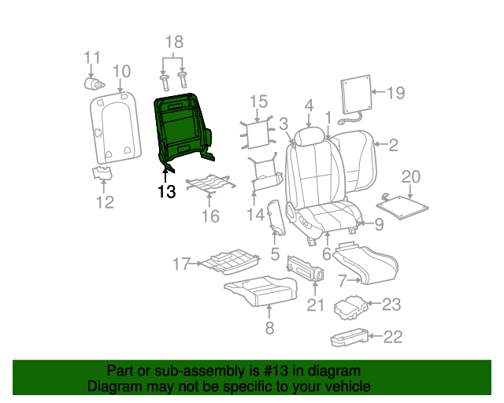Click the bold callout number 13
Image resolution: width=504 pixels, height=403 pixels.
[x=167, y=191]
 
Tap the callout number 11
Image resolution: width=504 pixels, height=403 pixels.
[x=92, y=57]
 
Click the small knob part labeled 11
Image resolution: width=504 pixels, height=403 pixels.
[x=94, y=83]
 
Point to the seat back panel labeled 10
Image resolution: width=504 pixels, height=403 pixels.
[x=116, y=128]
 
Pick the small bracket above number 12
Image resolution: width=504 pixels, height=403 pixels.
[x=102, y=173]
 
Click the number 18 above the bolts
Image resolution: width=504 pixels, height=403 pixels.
[x=174, y=42]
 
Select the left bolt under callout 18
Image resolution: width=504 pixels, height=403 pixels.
[x=165, y=83]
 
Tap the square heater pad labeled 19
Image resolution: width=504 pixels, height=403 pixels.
[x=356, y=94]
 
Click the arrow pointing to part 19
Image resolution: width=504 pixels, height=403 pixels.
[x=378, y=92]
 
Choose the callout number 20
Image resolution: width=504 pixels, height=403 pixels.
[x=411, y=177]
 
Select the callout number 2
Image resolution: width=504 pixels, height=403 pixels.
[x=393, y=146]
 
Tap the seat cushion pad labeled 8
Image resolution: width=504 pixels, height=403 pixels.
[x=261, y=291]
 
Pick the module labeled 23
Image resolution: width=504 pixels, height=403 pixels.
[x=351, y=308]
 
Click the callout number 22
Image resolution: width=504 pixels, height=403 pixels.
[x=393, y=337]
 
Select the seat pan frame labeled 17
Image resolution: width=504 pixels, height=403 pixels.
[x=231, y=261]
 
